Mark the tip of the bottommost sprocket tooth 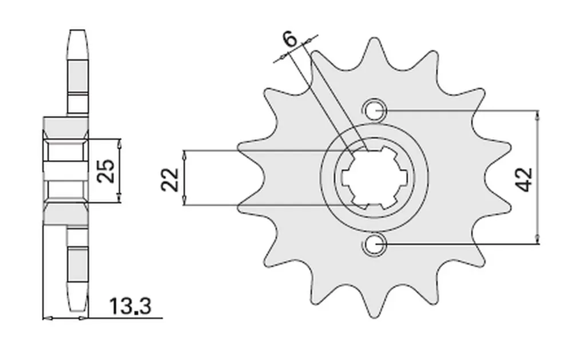tap(374, 316)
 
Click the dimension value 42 tap(524, 180)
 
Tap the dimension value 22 tap(170, 180)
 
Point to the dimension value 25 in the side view tap(106, 171)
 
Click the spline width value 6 tap(291, 39)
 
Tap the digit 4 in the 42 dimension tap(524, 186)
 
